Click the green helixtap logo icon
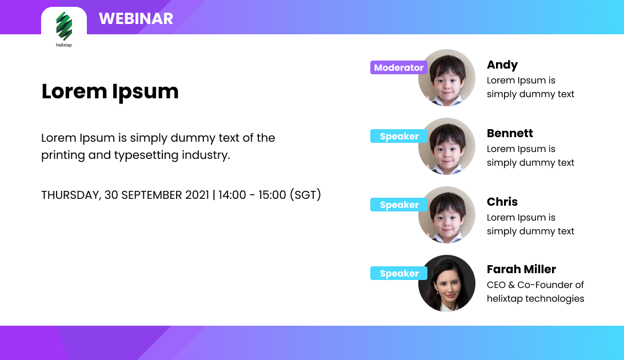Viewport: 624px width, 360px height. click(64, 26)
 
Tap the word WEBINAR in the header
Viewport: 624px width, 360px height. click(136, 19)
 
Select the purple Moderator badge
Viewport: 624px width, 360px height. click(399, 67)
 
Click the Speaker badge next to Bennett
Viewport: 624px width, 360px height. click(399, 136)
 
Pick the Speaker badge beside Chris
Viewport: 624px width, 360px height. click(399, 205)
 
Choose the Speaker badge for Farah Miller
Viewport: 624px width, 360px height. click(399, 273)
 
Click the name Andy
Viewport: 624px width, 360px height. click(502, 65)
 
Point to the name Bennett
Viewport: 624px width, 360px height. click(510, 133)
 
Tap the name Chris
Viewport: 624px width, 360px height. click(502, 202)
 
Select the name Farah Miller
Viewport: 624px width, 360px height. click(521, 269)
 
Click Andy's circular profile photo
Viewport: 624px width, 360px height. click(447, 78)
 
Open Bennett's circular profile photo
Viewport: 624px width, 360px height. click(447, 146)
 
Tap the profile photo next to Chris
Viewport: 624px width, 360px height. click(447, 215)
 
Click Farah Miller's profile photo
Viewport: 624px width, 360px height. click(447, 283)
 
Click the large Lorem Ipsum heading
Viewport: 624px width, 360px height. click(110, 92)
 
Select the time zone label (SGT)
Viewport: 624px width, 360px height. click(305, 195)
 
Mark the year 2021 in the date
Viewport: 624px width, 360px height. click(197, 195)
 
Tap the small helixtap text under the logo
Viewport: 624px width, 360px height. click(64, 45)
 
